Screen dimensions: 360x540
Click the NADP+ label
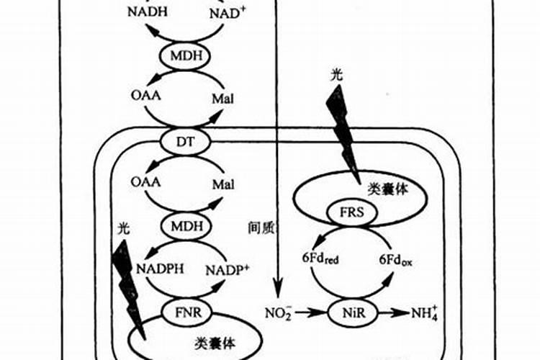[x=227, y=271]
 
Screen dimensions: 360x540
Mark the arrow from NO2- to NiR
[x=311, y=312]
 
